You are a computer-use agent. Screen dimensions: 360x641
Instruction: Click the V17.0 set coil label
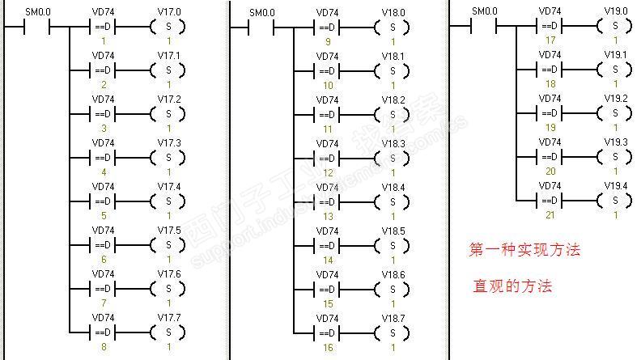pos(169,12)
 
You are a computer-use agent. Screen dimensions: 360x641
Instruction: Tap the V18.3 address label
pos(393,143)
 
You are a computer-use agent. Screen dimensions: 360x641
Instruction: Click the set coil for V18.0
pos(393,27)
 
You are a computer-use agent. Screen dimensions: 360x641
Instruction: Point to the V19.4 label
pos(615,185)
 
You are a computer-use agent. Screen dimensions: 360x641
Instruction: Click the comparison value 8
pos(104,346)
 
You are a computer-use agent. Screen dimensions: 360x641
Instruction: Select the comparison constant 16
pos(328,346)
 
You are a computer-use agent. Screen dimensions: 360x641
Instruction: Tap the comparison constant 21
pos(550,214)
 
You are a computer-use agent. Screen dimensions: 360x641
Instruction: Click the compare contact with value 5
pos(104,201)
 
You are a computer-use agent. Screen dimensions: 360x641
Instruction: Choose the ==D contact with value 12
pos(328,157)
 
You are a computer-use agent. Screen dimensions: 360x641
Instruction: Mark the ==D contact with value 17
pos(550,27)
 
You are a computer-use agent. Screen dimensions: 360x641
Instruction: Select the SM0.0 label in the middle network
pos(261,12)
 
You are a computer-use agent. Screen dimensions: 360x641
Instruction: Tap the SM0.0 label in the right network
pos(484,12)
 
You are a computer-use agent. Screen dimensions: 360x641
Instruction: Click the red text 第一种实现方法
pos(524,250)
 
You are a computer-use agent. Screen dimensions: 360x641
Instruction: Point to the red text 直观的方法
pos(513,286)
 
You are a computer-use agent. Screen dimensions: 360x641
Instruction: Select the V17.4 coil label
pos(169,187)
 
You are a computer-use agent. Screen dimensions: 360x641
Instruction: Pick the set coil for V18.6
pos(393,288)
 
